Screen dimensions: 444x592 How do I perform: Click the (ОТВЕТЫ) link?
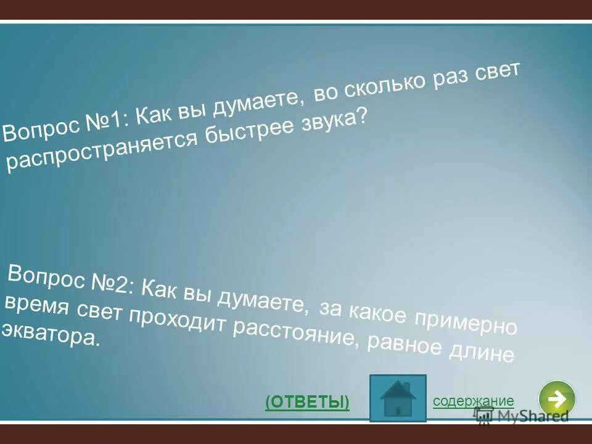pos(307,402)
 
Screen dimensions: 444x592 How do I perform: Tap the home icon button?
pos(398,398)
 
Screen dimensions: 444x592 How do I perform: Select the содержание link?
pos(473,401)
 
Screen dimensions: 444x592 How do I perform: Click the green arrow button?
pos(556,398)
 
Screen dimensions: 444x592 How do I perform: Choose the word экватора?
pos(49,333)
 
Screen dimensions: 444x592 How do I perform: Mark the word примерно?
pos(465,322)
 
